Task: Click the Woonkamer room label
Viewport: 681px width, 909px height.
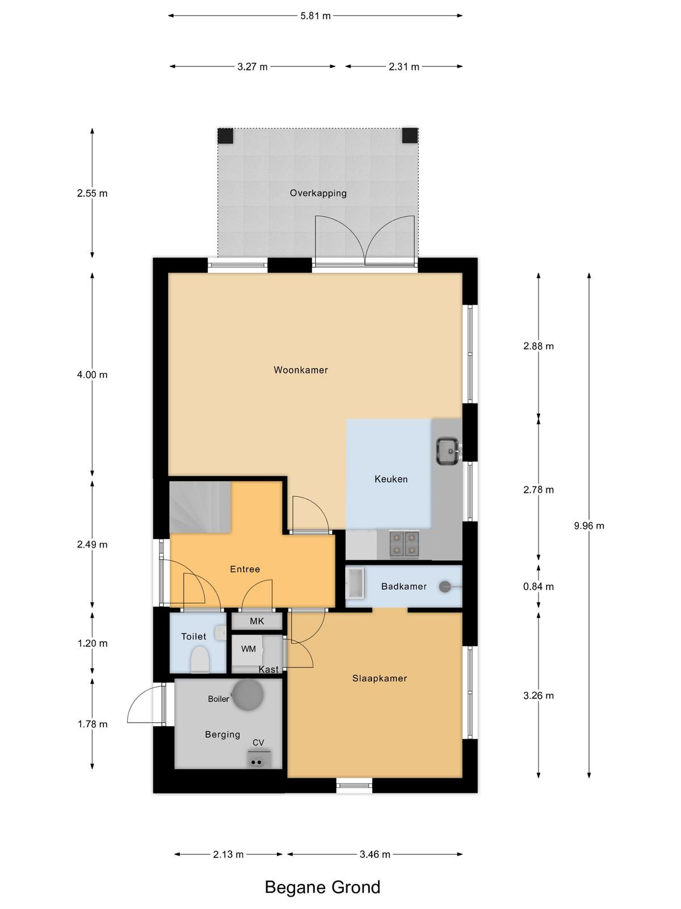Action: click(x=301, y=370)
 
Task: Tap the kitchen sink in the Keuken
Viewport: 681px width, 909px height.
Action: click(x=448, y=451)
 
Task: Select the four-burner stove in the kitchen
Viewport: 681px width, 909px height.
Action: click(x=404, y=544)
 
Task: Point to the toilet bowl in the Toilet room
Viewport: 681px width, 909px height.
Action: click(x=199, y=660)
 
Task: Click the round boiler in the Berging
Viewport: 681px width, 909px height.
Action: click(x=247, y=695)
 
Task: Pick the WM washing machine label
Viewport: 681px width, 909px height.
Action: click(x=249, y=649)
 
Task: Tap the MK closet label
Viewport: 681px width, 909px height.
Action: click(x=257, y=621)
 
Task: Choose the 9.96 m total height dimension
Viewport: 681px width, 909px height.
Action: click(x=589, y=526)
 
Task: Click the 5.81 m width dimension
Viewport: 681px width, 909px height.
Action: click(x=316, y=16)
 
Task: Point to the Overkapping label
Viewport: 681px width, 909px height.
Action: click(x=318, y=193)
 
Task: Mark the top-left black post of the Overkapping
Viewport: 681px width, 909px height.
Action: click(x=226, y=136)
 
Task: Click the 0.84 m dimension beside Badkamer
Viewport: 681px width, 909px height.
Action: click(x=539, y=586)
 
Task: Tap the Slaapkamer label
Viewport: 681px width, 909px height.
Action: click(x=380, y=678)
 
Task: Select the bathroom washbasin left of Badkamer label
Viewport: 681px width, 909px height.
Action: click(x=355, y=583)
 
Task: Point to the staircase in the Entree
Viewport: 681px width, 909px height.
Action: click(x=200, y=507)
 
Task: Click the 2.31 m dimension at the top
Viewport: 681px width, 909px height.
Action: click(x=404, y=66)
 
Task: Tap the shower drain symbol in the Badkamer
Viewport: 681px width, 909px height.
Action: click(x=445, y=586)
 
